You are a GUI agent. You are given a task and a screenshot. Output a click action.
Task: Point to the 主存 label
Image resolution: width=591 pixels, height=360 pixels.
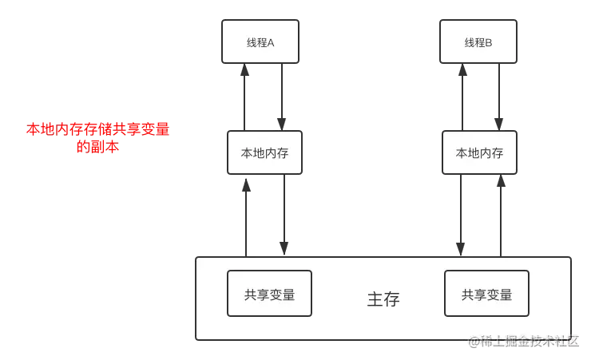coord(383,299)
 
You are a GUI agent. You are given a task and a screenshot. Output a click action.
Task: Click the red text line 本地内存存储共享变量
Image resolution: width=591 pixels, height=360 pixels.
coord(98,129)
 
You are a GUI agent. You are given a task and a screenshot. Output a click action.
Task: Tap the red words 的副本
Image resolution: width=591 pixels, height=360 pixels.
coord(98,147)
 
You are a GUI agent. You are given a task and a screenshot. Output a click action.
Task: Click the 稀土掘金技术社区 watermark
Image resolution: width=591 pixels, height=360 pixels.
coord(524,341)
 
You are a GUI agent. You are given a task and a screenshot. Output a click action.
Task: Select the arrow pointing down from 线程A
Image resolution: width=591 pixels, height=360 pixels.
coord(282,97)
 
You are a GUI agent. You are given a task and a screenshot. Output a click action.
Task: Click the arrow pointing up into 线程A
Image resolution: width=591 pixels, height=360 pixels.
coord(244,97)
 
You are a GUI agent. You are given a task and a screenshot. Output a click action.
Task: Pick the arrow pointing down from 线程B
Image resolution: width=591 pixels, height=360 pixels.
coord(499,97)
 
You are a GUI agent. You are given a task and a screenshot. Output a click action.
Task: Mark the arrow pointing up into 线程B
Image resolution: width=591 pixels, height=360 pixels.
coord(462,97)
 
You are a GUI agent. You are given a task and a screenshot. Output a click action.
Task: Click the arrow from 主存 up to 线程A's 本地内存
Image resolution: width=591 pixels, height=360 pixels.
coord(246,218)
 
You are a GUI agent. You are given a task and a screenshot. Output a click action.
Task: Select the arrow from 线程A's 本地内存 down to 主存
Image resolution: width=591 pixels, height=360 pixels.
coord(284,215)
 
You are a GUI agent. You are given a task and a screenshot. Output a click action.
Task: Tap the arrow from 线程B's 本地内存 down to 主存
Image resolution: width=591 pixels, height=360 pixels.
coord(461,215)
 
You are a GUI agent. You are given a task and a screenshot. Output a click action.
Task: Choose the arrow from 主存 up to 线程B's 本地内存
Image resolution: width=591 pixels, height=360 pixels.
coord(501,216)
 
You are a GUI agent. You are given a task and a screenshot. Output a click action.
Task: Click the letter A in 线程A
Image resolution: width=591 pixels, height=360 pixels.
coord(271,43)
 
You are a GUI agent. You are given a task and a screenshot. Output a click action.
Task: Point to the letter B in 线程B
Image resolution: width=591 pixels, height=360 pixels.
coord(489,43)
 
